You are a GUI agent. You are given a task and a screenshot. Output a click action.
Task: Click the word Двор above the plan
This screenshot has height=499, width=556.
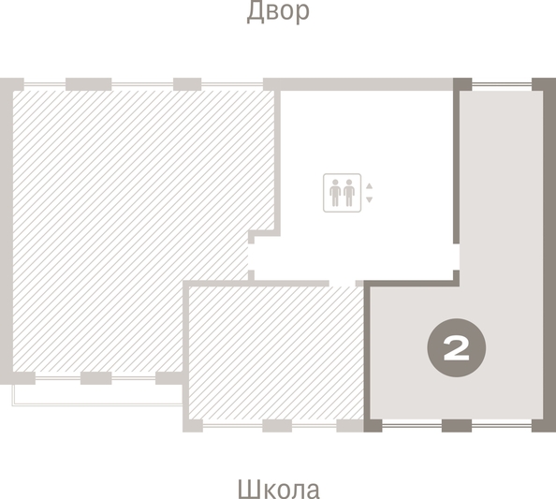click(x=278, y=12)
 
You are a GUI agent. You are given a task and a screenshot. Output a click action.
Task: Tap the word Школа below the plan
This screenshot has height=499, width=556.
click(x=278, y=489)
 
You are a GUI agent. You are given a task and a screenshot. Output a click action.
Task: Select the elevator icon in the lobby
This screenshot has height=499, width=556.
click(x=341, y=193)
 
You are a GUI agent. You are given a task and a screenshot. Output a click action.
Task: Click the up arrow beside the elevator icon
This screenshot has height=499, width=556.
click(x=370, y=186)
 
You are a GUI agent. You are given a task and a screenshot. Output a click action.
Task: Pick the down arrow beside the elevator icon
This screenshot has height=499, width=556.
click(x=370, y=199)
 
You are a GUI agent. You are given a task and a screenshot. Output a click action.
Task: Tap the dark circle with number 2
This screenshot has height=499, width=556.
click(x=456, y=349)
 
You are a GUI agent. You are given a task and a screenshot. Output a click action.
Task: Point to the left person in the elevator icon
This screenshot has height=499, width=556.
click(x=334, y=193)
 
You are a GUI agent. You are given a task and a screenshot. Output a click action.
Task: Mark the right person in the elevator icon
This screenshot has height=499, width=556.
click(x=348, y=193)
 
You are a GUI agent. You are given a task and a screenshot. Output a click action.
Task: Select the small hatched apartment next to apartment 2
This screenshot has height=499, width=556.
click(x=276, y=351)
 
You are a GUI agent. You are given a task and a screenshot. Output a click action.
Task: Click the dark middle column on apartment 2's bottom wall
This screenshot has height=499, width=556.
click(x=456, y=426)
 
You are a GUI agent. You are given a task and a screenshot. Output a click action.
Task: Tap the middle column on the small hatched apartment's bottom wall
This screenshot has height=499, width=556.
click(x=277, y=426)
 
